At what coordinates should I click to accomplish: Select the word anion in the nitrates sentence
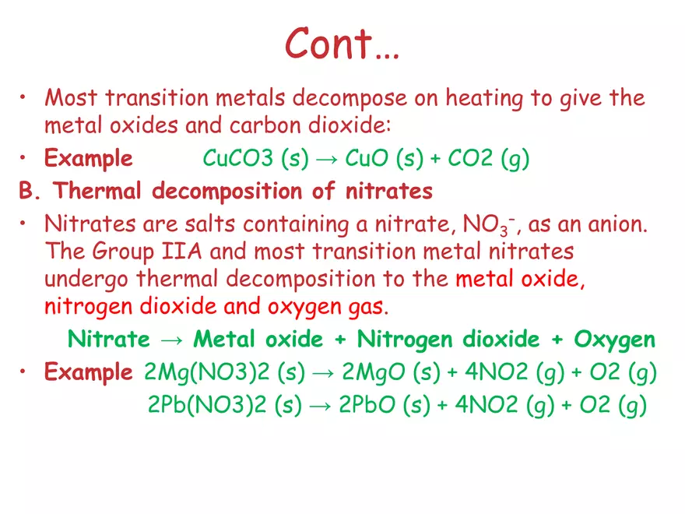point(599,225)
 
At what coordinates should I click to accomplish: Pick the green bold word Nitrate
point(109,340)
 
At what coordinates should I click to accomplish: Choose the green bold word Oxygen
point(614,340)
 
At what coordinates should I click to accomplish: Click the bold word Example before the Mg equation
point(88,373)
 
